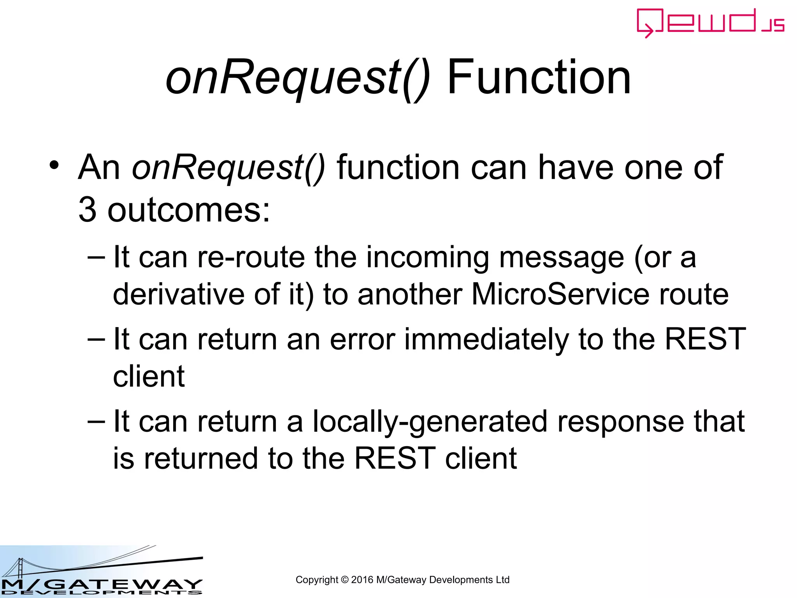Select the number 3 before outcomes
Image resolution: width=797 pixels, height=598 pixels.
pyautogui.click(x=87, y=210)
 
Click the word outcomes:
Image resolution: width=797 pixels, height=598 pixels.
pyautogui.click(x=189, y=211)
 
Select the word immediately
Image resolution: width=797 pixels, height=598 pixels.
pyautogui.click(x=486, y=339)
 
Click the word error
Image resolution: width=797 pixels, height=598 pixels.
pyautogui.click(x=362, y=339)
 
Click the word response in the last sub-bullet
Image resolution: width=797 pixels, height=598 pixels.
pyautogui.click(x=620, y=422)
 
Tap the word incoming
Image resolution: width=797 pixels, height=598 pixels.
pyautogui.click(x=427, y=258)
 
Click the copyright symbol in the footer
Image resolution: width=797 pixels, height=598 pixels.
pyautogui.click(x=344, y=580)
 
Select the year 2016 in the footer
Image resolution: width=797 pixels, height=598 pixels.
pyautogui.click(x=362, y=580)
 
